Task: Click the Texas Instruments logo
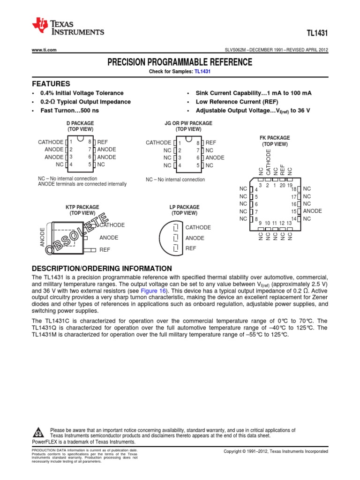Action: (x=67, y=27)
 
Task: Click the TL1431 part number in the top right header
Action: (x=318, y=34)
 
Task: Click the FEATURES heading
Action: (x=51, y=83)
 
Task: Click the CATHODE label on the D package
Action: (x=50, y=142)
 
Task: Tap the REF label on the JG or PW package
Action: (x=211, y=142)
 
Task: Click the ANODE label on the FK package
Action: (x=312, y=211)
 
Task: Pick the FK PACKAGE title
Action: (x=275, y=138)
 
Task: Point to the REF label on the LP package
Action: (x=191, y=248)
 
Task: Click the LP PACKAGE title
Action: (x=184, y=207)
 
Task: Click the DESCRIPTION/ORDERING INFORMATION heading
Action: (x=102, y=269)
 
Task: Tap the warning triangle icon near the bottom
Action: (x=40, y=431)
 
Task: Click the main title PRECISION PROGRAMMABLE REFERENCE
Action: (x=180, y=62)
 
